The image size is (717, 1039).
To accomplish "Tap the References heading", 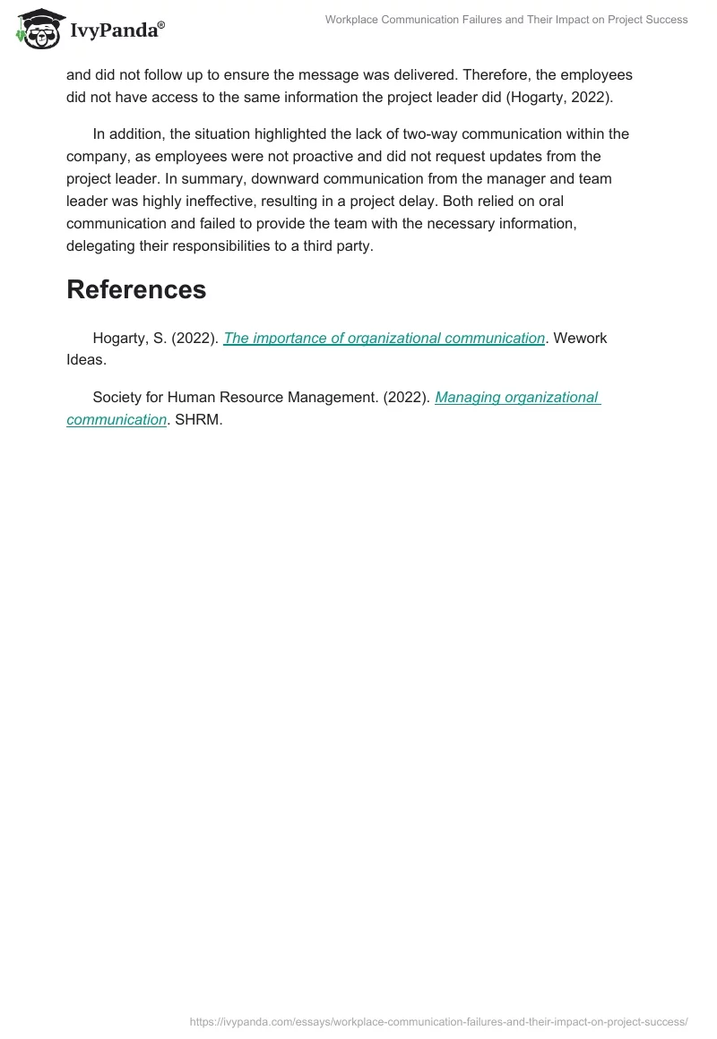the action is tap(136, 289).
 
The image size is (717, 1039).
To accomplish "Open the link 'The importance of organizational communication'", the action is tap(384, 338).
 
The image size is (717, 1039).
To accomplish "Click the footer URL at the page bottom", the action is tap(439, 1021).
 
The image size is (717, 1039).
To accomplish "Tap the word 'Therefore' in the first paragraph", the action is tap(497, 73).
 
